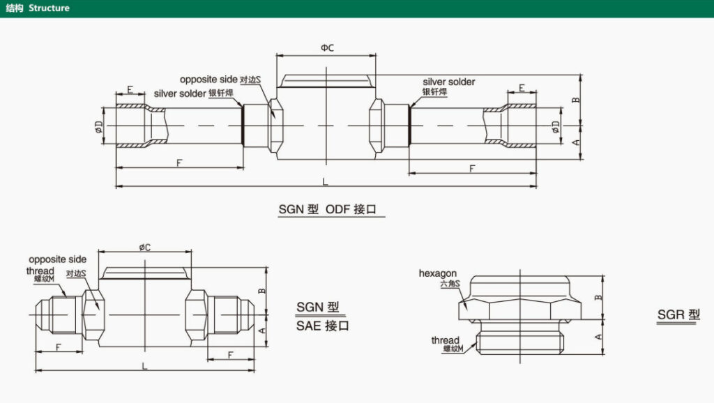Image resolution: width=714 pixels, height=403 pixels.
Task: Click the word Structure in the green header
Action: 49,8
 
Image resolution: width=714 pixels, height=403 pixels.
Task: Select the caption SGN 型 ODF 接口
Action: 331,208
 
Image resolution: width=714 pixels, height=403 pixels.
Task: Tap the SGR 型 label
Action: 678,314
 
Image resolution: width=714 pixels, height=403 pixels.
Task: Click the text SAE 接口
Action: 323,326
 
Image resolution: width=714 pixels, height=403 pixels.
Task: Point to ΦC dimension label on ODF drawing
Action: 327,47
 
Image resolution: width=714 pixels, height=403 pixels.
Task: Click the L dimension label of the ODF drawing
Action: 326,182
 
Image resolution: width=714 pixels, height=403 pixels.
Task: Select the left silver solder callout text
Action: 180,93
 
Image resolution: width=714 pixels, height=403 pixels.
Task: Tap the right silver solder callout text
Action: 449,82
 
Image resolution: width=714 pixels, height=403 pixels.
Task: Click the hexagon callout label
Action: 438,273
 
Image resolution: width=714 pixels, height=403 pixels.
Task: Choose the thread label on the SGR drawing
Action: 445,340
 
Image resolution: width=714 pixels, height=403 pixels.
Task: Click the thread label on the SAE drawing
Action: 40,271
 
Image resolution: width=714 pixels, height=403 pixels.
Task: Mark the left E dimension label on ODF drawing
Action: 130,89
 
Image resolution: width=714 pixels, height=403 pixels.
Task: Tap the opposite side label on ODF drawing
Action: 208,79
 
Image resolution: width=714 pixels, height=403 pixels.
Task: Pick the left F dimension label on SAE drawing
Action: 59,347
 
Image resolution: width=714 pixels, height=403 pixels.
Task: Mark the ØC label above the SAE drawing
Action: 145,247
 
